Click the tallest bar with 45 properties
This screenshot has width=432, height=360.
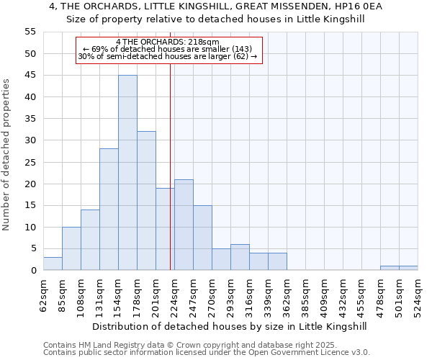pyautogui.click(x=127, y=173)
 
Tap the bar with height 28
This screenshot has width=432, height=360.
pyautogui.click(x=109, y=210)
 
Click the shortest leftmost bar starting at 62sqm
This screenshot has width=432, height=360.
pyautogui.click(x=53, y=264)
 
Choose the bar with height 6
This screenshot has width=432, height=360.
pyautogui.click(x=240, y=257)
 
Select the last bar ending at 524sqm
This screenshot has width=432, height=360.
pyautogui.click(x=408, y=268)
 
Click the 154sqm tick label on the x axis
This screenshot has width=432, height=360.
pyautogui.click(x=118, y=294)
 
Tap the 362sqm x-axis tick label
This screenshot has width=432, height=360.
pyautogui.click(x=287, y=294)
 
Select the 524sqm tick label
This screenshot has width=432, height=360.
pyautogui.click(x=418, y=294)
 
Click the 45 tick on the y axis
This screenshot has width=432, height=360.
pyautogui.click(x=30, y=76)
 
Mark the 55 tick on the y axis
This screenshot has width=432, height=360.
pyautogui.click(x=30, y=32)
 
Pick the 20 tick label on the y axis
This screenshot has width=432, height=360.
pyautogui.click(x=30, y=184)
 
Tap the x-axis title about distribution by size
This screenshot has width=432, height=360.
pyautogui.click(x=230, y=326)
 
